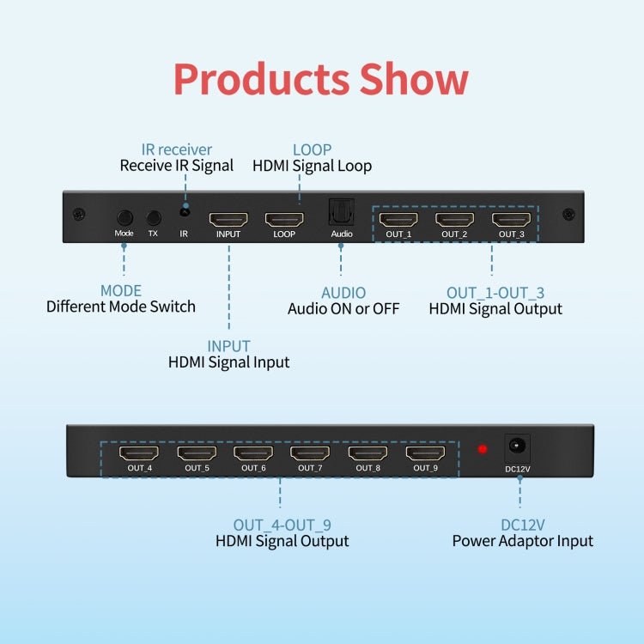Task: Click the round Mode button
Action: click(x=125, y=218)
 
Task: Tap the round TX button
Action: click(x=154, y=218)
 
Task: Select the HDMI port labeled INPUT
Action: click(x=228, y=219)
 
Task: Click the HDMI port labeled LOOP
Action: click(x=283, y=219)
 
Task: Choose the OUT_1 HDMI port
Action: click(x=398, y=219)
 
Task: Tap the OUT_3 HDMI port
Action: click(x=511, y=219)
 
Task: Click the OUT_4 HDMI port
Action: click(x=139, y=453)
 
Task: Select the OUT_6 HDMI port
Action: click(x=253, y=453)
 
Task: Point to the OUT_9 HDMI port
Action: click(x=425, y=453)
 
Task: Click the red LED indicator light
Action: click(x=483, y=448)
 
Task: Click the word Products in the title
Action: click(x=261, y=79)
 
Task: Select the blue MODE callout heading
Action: click(x=121, y=291)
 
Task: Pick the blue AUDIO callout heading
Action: click(x=343, y=293)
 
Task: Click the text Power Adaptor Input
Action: click(x=523, y=541)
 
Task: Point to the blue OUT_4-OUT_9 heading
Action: click(x=282, y=525)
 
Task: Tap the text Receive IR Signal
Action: click(x=177, y=166)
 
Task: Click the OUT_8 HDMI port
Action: click(x=368, y=453)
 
